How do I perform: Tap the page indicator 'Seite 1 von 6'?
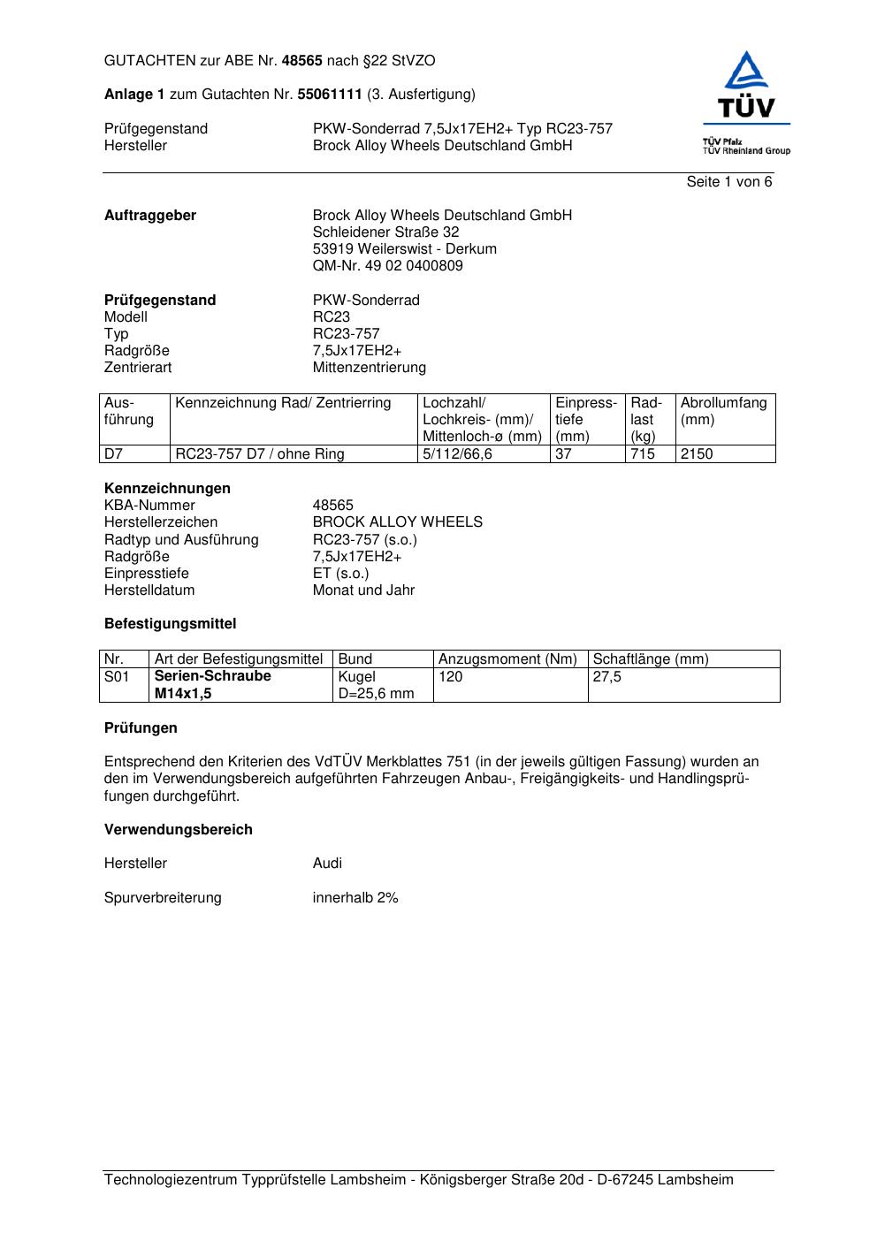728,182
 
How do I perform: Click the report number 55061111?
330,95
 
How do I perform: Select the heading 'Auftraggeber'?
150,216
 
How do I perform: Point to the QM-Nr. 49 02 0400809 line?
387,266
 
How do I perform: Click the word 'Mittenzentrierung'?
369,368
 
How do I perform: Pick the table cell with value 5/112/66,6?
457,454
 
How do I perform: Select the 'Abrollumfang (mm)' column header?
723,411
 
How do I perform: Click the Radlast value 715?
643,454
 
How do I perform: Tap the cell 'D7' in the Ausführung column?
114,454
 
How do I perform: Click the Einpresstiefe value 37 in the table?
564,454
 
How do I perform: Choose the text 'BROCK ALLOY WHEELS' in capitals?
397,522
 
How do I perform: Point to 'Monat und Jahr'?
363,590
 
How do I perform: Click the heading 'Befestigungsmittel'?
170,624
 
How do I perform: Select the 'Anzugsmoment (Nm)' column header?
507,659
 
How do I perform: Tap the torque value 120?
450,677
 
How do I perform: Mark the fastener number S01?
117,677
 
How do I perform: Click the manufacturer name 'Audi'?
327,864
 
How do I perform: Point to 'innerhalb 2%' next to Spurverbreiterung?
355,898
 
